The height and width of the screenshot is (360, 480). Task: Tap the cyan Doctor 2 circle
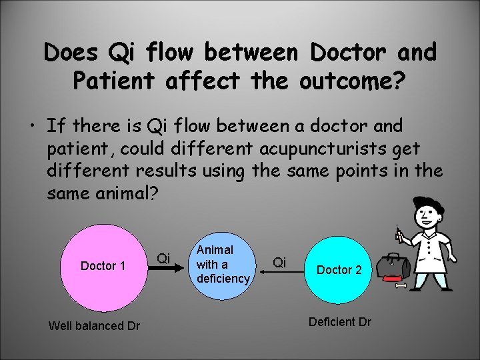point(339,269)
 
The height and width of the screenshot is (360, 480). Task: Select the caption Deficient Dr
point(340,321)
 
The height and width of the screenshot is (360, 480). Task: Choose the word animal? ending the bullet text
point(133,193)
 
